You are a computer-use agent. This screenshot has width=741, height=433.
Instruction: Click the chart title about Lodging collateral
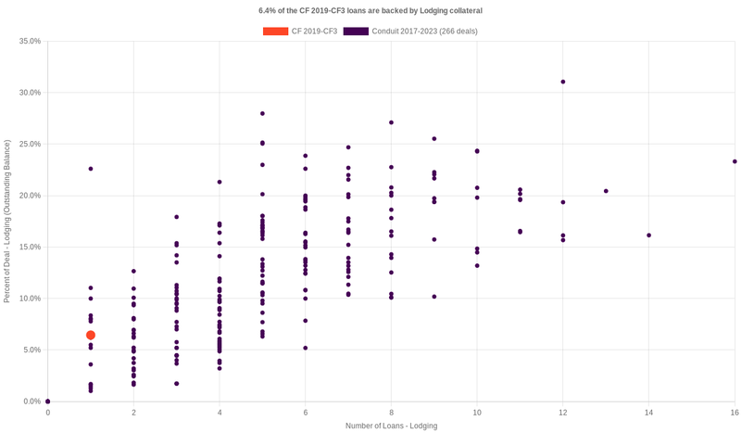[370, 10]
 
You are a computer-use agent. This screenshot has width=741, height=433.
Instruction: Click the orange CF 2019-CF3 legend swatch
[275, 32]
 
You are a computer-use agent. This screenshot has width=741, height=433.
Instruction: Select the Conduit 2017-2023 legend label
[424, 32]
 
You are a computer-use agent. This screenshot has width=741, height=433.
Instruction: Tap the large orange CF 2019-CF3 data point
[91, 335]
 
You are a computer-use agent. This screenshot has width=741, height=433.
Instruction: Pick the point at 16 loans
[735, 161]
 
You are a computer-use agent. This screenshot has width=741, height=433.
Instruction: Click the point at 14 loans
[648, 236]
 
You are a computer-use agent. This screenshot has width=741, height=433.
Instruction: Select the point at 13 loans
[606, 191]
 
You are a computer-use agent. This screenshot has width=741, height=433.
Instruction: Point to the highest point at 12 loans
[563, 82]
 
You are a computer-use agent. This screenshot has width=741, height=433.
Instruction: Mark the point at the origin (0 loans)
[48, 401]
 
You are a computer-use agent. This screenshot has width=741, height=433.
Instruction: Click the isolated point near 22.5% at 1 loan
[91, 169]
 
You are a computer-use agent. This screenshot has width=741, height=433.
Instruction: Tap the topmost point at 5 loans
[263, 114]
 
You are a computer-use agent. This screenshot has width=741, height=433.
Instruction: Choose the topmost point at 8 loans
[392, 122]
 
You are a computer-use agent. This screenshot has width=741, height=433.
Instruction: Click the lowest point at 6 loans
[306, 348]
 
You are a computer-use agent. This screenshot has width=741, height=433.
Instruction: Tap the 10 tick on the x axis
[477, 412]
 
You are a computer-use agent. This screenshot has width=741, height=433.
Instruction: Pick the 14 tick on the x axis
[648, 412]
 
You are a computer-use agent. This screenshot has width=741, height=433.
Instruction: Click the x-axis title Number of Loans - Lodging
[391, 426]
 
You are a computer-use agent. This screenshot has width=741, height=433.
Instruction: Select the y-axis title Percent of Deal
[7, 222]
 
